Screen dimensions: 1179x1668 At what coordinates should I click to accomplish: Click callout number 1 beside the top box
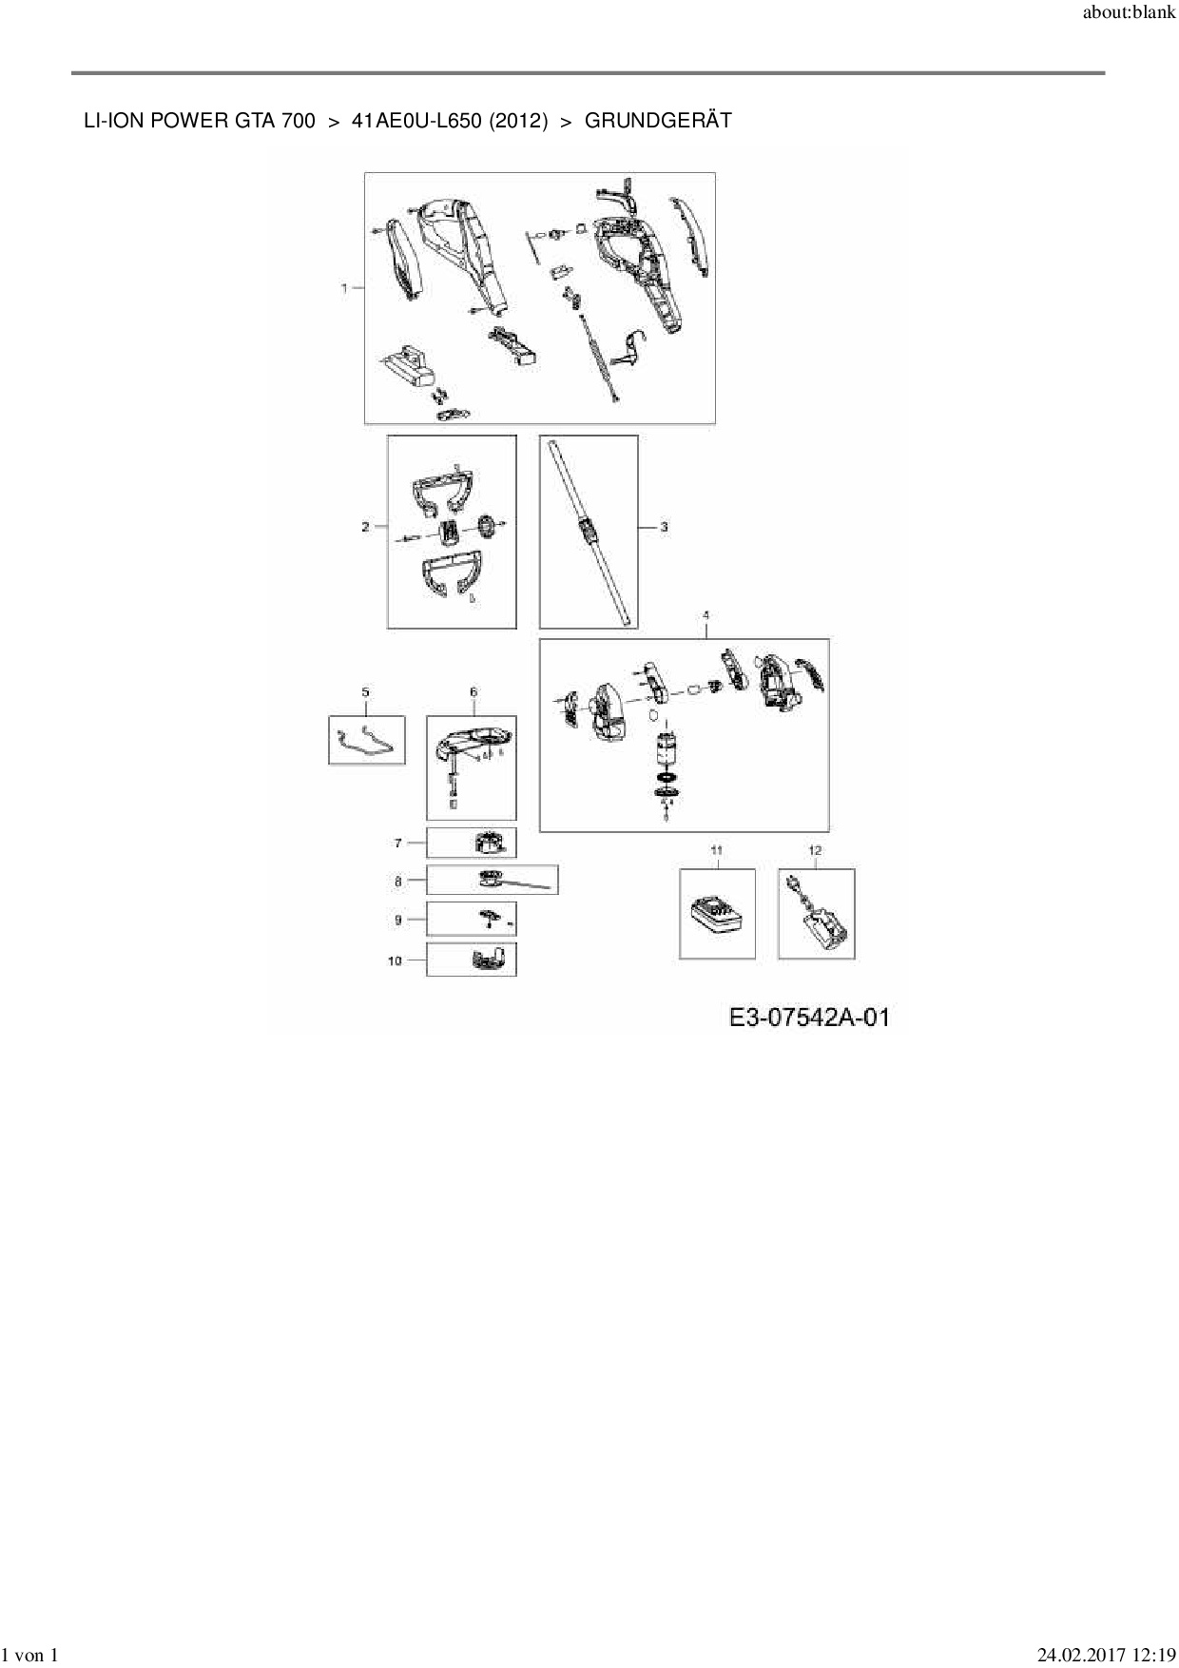[344, 287]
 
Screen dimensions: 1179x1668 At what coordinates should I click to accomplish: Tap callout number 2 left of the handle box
[366, 527]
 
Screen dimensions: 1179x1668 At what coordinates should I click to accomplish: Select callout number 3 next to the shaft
[664, 527]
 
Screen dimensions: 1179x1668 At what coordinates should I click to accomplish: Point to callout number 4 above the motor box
[705, 616]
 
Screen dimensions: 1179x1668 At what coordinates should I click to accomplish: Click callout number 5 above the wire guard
[366, 693]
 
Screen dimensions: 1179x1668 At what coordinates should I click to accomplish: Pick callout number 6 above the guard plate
[474, 693]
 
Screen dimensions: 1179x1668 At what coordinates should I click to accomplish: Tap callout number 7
[398, 843]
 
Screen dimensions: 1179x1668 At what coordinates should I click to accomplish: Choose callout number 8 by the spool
[398, 882]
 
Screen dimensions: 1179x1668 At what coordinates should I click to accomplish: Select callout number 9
[398, 920]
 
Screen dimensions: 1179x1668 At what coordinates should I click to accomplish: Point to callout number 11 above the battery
[717, 850]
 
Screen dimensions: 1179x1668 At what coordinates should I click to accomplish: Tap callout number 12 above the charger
[815, 850]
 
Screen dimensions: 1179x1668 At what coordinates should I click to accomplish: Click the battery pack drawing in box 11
[717, 918]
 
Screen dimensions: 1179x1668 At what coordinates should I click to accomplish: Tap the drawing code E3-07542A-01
[809, 1018]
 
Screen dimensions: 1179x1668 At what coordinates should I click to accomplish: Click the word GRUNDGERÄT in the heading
[658, 121]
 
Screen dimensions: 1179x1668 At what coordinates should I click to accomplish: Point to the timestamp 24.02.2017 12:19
[1106, 1656]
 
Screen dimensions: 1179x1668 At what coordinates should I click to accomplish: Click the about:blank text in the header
[1129, 14]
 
